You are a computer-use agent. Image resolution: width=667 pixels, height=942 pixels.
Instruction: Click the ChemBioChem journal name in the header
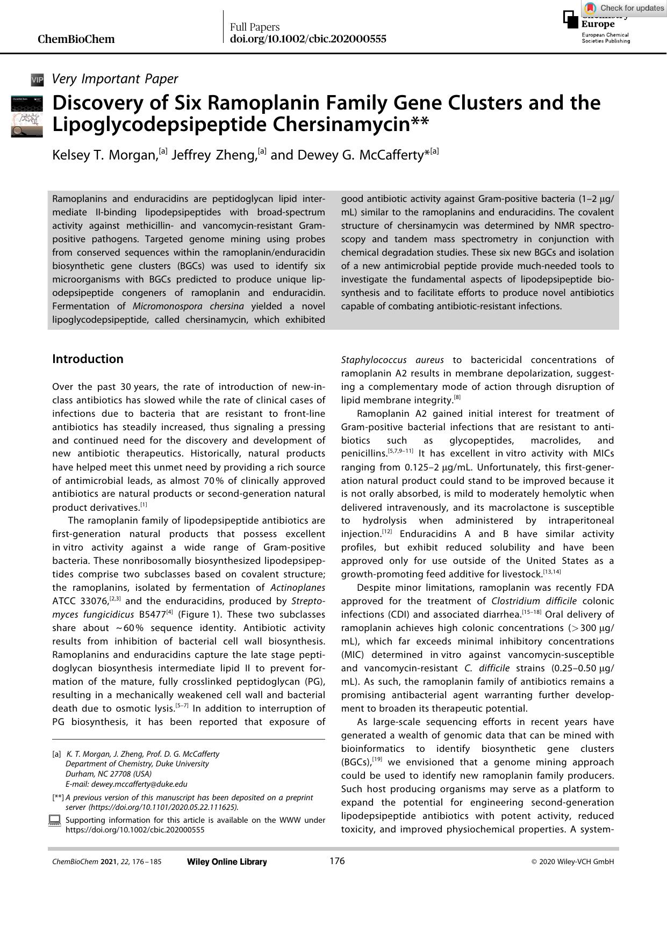point(76,39)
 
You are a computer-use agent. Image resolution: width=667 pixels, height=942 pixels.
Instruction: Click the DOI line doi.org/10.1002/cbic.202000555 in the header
point(308,39)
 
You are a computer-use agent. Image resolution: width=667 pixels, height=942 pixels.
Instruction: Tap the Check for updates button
point(625,8)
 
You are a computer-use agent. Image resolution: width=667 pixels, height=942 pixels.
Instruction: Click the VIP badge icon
point(37,80)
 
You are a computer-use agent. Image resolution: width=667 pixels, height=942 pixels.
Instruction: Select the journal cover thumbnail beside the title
point(27,117)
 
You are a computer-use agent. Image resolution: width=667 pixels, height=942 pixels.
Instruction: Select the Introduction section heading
point(88,359)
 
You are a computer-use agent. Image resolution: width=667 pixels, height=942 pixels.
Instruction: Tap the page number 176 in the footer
point(337,861)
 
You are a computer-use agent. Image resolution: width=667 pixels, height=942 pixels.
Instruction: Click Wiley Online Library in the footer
point(227,862)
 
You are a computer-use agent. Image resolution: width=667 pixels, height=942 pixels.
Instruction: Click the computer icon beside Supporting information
point(54,821)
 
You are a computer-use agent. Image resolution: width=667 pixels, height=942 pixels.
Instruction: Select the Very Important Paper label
point(114,79)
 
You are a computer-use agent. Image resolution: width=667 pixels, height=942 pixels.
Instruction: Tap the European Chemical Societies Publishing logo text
point(605,38)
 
